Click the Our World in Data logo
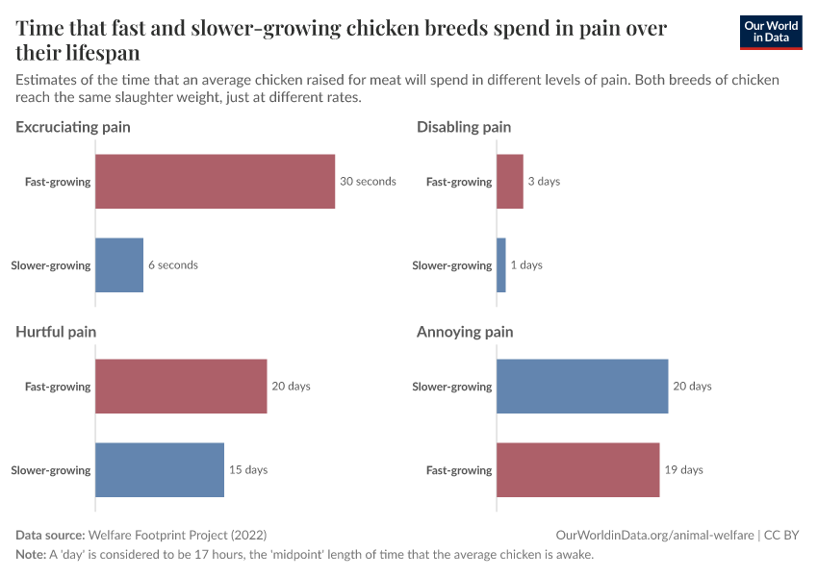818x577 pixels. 770,32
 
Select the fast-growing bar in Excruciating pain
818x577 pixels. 216,182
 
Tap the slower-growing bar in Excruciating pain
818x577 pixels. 119,265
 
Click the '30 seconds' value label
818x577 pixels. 368,182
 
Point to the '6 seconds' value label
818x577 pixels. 173,265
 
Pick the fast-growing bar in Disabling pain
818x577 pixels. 509,182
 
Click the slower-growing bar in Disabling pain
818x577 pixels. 500,265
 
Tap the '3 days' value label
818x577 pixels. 544,182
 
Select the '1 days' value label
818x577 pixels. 526,265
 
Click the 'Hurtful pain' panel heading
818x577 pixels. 56,332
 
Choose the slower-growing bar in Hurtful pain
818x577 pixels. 160,470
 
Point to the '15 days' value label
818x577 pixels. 248,470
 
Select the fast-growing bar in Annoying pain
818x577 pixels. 577,470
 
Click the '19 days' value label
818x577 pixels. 683,470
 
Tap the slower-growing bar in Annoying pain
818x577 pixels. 582,387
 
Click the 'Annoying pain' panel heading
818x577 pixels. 465,332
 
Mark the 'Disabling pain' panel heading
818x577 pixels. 464,127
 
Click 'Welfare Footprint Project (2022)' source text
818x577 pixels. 177,535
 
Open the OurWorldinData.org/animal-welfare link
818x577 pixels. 654,535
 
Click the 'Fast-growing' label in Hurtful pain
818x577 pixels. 58,387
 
